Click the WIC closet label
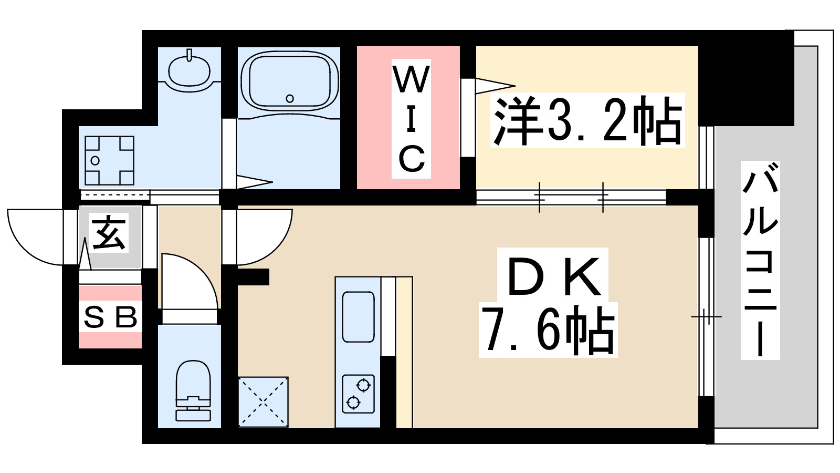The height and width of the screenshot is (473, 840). coord(411,119)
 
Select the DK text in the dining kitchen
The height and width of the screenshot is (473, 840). coord(554,276)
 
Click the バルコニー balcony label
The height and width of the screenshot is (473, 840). coord(760,261)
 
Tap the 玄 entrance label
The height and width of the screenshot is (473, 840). coord(109,233)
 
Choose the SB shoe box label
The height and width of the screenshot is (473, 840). coord(110,317)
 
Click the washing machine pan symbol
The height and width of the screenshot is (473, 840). coord(109,160)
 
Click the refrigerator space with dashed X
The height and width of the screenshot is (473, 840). coord(263,402)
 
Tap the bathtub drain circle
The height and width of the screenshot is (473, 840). coord(290,98)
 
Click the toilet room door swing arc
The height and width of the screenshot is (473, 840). coord(194,279)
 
